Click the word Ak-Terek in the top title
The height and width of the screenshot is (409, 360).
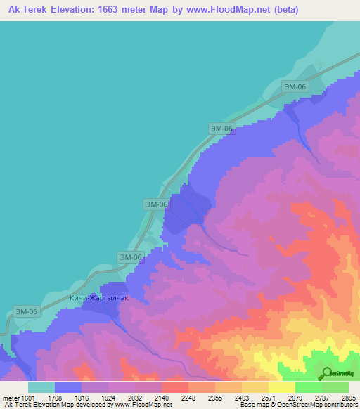[26, 10]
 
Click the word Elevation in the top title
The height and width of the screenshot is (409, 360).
[74, 10]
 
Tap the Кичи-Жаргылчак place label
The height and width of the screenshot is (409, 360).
[99, 298]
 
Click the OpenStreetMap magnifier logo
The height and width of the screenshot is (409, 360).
[326, 373]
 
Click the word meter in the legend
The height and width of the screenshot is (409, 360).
[10, 397]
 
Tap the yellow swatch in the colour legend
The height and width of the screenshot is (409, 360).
[281, 387]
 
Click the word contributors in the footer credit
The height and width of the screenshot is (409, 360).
[340, 405]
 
